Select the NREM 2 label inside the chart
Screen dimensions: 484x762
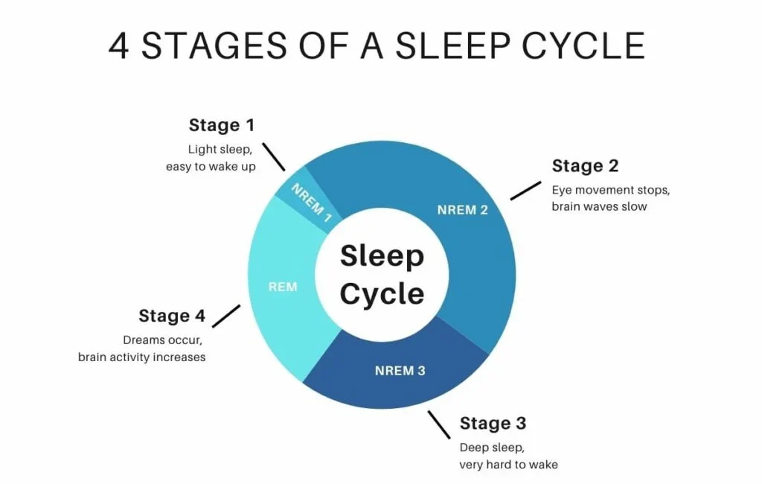462,210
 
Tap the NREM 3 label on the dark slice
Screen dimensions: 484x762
400,371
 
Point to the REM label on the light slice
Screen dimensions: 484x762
283,287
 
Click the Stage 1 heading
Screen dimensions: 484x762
222,125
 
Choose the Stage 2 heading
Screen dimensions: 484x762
585,165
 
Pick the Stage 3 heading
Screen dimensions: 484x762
493,423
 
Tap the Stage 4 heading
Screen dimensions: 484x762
172,316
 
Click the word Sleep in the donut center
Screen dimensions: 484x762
382,256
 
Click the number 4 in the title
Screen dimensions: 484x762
120,46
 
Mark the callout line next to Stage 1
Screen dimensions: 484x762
274,157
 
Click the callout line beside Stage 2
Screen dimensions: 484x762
525,190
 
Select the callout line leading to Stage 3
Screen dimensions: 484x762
439,425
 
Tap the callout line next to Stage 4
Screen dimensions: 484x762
226,316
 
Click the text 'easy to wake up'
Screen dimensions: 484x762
211,167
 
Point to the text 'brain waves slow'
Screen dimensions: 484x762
599,206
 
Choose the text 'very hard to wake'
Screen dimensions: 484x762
508,465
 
